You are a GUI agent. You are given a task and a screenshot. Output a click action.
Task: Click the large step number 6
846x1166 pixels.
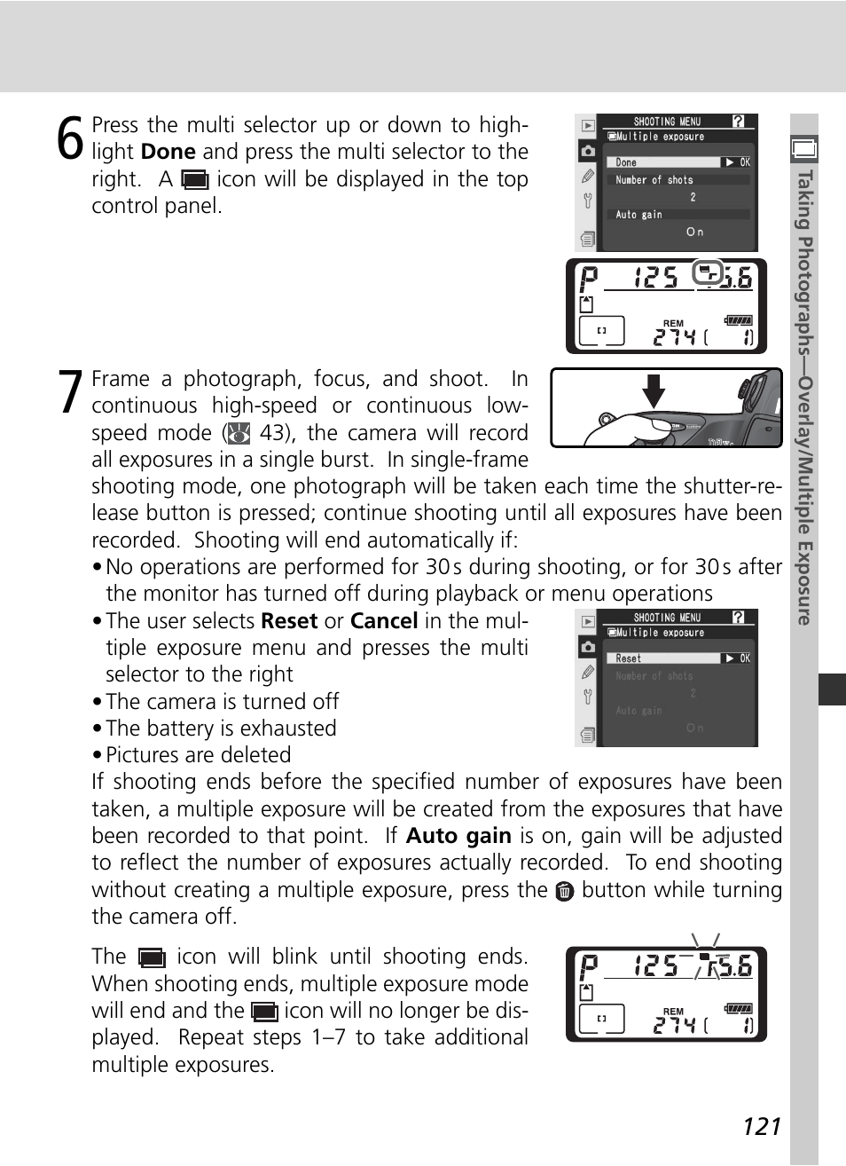pyautogui.click(x=70, y=140)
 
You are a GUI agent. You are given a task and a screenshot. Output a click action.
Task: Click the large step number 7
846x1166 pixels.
pyautogui.click(x=71, y=393)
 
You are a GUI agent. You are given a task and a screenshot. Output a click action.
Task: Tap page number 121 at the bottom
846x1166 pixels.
pyautogui.click(x=762, y=1126)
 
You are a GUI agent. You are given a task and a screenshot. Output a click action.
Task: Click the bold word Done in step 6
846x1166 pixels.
pyautogui.click(x=168, y=152)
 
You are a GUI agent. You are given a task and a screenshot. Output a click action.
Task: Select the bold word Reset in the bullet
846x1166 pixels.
pyautogui.click(x=288, y=621)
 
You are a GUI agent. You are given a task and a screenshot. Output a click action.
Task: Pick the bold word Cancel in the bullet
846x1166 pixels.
pyautogui.click(x=384, y=621)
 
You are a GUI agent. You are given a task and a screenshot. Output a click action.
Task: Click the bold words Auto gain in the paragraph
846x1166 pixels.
pyautogui.click(x=458, y=836)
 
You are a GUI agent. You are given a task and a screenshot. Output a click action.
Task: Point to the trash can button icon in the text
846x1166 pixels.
pyautogui.click(x=565, y=891)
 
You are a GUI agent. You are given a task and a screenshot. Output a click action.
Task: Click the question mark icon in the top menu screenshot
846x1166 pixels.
pyautogui.click(x=739, y=122)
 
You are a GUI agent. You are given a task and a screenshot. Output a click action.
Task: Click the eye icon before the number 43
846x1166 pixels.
pyautogui.click(x=239, y=433)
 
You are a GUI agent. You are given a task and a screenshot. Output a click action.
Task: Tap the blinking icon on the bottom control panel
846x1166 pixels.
pyautogui.click(x=705, y=958)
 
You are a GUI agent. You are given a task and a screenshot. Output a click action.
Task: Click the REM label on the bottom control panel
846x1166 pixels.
pyautogui.click(x=673, y=1011)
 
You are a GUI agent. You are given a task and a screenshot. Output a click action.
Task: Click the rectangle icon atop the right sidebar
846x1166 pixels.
pyautogui.click(x=804, y=150)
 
